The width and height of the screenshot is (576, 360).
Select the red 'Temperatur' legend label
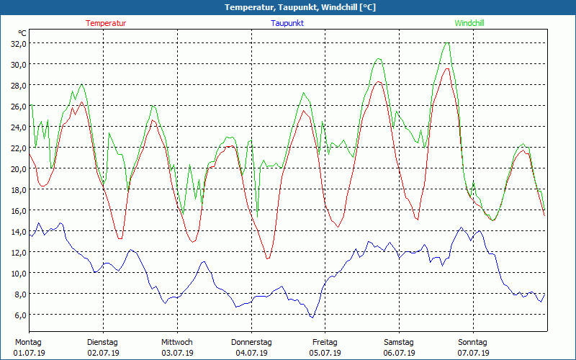(106, 23)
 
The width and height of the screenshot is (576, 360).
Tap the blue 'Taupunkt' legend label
(287, 23)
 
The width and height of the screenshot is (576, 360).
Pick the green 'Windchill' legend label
(469, 23)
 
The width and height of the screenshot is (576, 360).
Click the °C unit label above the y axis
(22, 33)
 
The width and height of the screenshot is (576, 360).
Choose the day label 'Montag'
(28, 342)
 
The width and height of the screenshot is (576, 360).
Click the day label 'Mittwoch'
(176, 342)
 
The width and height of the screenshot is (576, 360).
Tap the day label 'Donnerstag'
(251, 342)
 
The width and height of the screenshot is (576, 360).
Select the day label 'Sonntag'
(472, 342)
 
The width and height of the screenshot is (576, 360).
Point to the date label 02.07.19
(103, 353)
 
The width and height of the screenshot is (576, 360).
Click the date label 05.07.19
(325, 353)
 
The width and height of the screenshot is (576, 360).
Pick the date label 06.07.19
(399, 353)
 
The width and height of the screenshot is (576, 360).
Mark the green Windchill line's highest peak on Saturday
(448, 43)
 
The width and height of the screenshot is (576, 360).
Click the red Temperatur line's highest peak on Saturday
(447, 68)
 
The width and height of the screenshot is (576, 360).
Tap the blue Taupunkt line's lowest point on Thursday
(312, 318)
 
